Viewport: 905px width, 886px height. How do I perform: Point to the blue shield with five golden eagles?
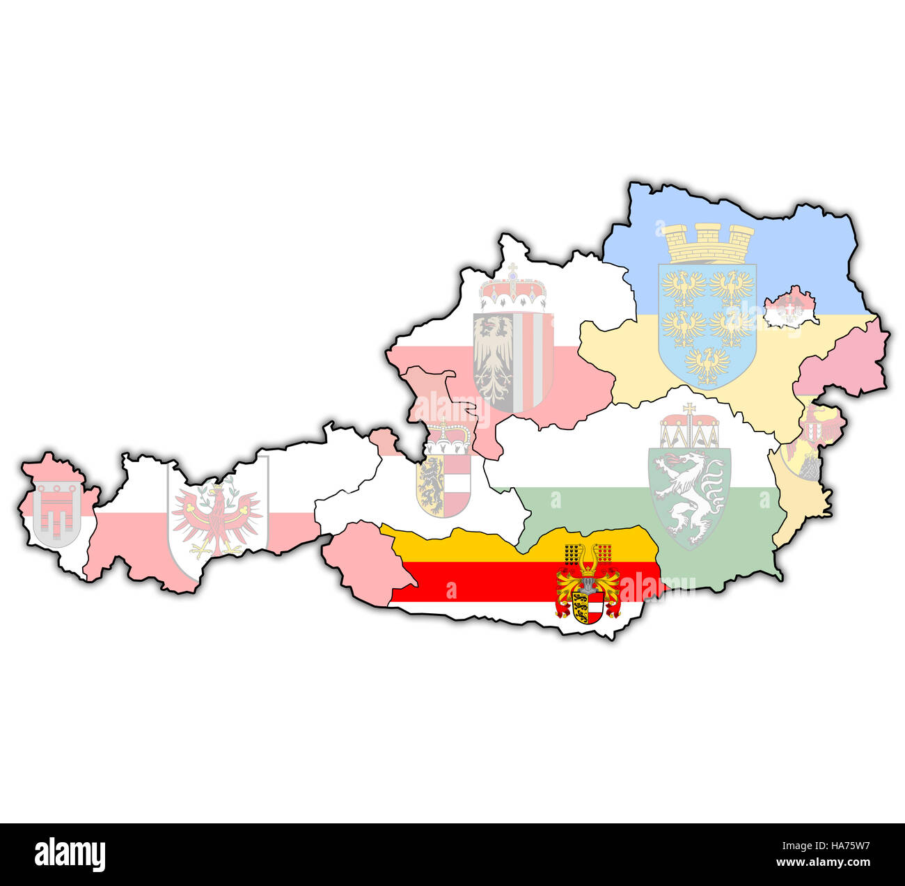pos(707,325)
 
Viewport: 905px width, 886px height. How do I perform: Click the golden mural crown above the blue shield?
pos(708,243)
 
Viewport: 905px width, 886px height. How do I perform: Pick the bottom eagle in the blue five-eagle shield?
pos(707,365)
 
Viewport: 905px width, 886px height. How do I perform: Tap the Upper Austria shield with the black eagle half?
pos(513,361)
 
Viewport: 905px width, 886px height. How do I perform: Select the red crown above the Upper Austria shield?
pos(513,292)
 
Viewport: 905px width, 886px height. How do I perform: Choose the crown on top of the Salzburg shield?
pos(448,438)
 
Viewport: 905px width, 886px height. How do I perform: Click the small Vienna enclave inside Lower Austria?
pos(790,308)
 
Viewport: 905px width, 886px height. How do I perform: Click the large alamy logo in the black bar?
pos(70,854)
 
